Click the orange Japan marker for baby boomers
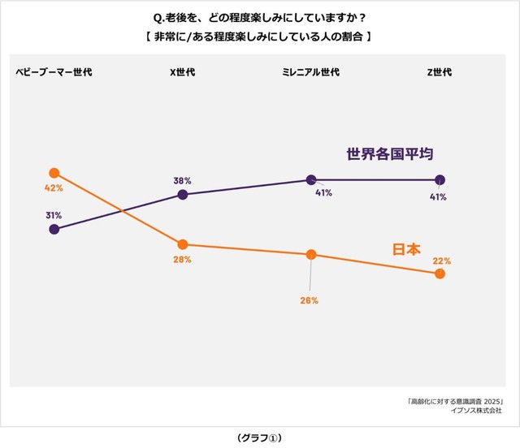[54, 173]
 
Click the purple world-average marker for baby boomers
[54, 230]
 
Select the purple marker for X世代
[183, 195]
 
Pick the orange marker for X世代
[183, 244]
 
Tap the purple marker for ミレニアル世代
[310, 179]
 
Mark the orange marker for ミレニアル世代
[310, 255]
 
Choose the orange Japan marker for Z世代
[440, 274]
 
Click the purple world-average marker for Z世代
[440, 179]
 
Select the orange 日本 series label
[407, 250]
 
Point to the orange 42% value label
[54, 188]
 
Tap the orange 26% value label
[308, 300]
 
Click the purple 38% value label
[182, 180]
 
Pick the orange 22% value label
[442, 261]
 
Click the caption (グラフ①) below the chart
[259, 437]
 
